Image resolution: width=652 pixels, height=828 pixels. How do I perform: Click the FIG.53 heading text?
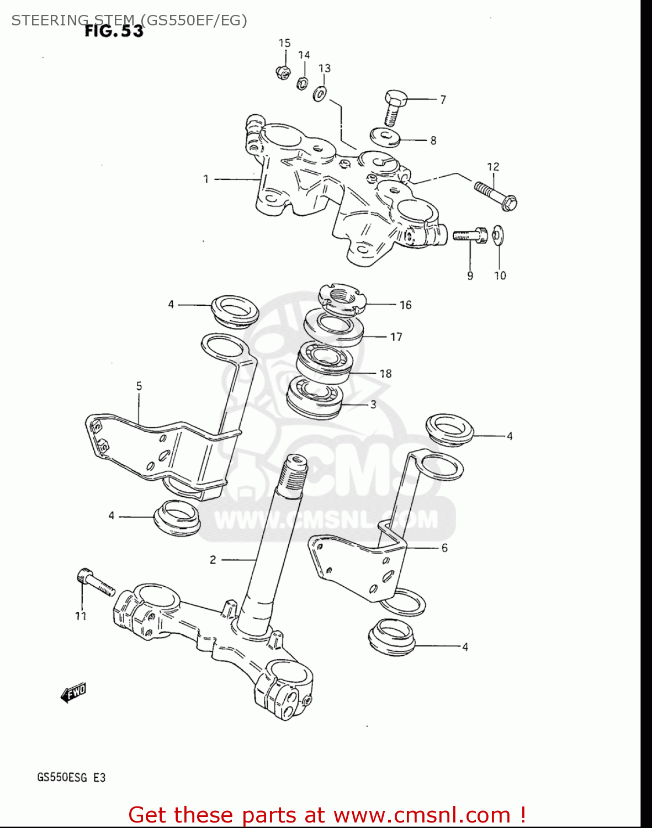click(114, 31)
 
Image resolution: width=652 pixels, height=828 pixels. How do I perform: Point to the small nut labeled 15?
click(283, 72)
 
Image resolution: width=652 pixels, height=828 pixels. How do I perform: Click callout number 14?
click(304, 55)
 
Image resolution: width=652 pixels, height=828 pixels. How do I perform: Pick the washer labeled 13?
click(320, 94)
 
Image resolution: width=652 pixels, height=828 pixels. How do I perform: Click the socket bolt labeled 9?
click(469, 235)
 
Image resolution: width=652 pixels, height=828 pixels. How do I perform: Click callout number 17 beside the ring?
click(396, 337)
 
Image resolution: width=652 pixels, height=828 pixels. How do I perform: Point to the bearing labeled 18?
click(325, 362)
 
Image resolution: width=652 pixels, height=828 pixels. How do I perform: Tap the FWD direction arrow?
click(73, 692)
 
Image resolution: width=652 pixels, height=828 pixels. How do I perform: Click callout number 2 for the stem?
click(213, 560)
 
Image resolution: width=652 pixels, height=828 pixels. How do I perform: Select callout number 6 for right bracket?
click(444, 548)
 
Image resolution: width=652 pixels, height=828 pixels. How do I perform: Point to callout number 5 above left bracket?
click(139, 386)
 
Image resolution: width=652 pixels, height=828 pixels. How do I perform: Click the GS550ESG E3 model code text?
click(71, 778)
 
